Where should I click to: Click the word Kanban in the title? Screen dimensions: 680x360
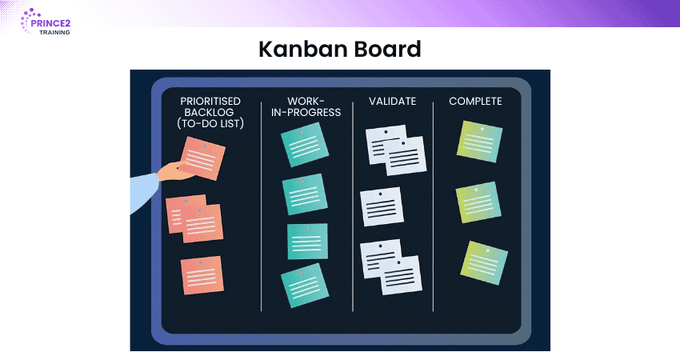tap(298, 49)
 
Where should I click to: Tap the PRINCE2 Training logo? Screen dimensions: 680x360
tap(46, 22)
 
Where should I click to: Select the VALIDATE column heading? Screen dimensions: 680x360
tap(392, 102)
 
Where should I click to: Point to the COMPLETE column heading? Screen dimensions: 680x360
tap(475, 102)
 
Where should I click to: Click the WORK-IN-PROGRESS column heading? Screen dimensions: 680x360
tap(306, 106)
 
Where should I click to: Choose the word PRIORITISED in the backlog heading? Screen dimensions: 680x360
tap(210, 101)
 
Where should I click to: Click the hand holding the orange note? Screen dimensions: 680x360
tap(174, 171)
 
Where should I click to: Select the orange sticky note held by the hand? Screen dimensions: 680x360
tap(202, 158)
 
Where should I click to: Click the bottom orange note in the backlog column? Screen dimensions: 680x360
tap(202, 275)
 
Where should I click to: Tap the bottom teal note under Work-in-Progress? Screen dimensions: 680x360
tap(305, 286)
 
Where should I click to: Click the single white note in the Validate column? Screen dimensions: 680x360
tap(382, 207)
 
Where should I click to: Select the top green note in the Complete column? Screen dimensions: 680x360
tap(480, 142)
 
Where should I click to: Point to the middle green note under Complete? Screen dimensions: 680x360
tap(478, 202)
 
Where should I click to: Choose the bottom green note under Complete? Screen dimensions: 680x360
tap(484, 263)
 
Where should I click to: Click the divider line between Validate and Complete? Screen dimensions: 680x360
tap(433, 207)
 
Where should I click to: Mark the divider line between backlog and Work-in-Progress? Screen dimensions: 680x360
tap(261, 207)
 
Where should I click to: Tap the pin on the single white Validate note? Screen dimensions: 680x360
tap(380, 194)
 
